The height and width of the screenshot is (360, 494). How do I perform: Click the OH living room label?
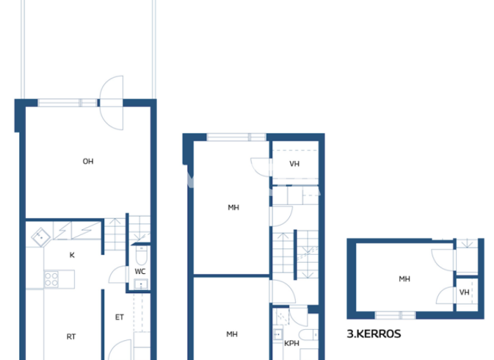pos(88,161)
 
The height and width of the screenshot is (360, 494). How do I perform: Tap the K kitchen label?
pos(72,255)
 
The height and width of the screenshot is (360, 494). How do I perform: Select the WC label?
pos(140,271)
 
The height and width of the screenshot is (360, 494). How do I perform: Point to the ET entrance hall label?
pos(119,317)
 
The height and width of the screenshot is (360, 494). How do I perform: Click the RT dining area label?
pos(71,336)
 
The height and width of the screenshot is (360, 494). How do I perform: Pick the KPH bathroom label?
pos(291,343)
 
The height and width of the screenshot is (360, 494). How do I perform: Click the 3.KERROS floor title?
pos(374,334)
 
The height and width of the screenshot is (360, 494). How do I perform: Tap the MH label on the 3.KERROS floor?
pos(404,279)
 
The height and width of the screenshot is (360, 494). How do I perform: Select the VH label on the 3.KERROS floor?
pos(464,292)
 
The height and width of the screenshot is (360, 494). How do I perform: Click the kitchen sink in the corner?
pos(41,237)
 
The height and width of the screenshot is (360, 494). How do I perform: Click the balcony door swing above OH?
pos(113,103)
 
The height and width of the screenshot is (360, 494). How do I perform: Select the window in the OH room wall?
pos(68,102)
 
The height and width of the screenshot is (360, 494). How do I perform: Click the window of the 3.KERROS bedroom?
pos(395,315)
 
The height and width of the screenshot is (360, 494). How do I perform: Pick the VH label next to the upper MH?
pos(294,164)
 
